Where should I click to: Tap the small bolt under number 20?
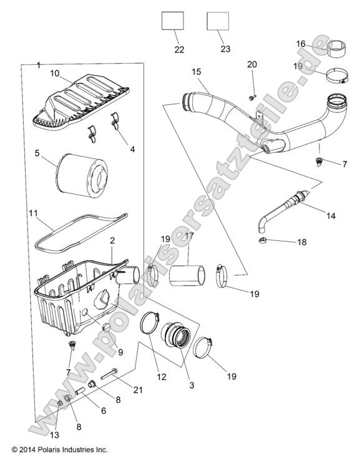(251, 97)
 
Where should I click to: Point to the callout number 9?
(120, 352)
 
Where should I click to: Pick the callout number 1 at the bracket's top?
(39, 66)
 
